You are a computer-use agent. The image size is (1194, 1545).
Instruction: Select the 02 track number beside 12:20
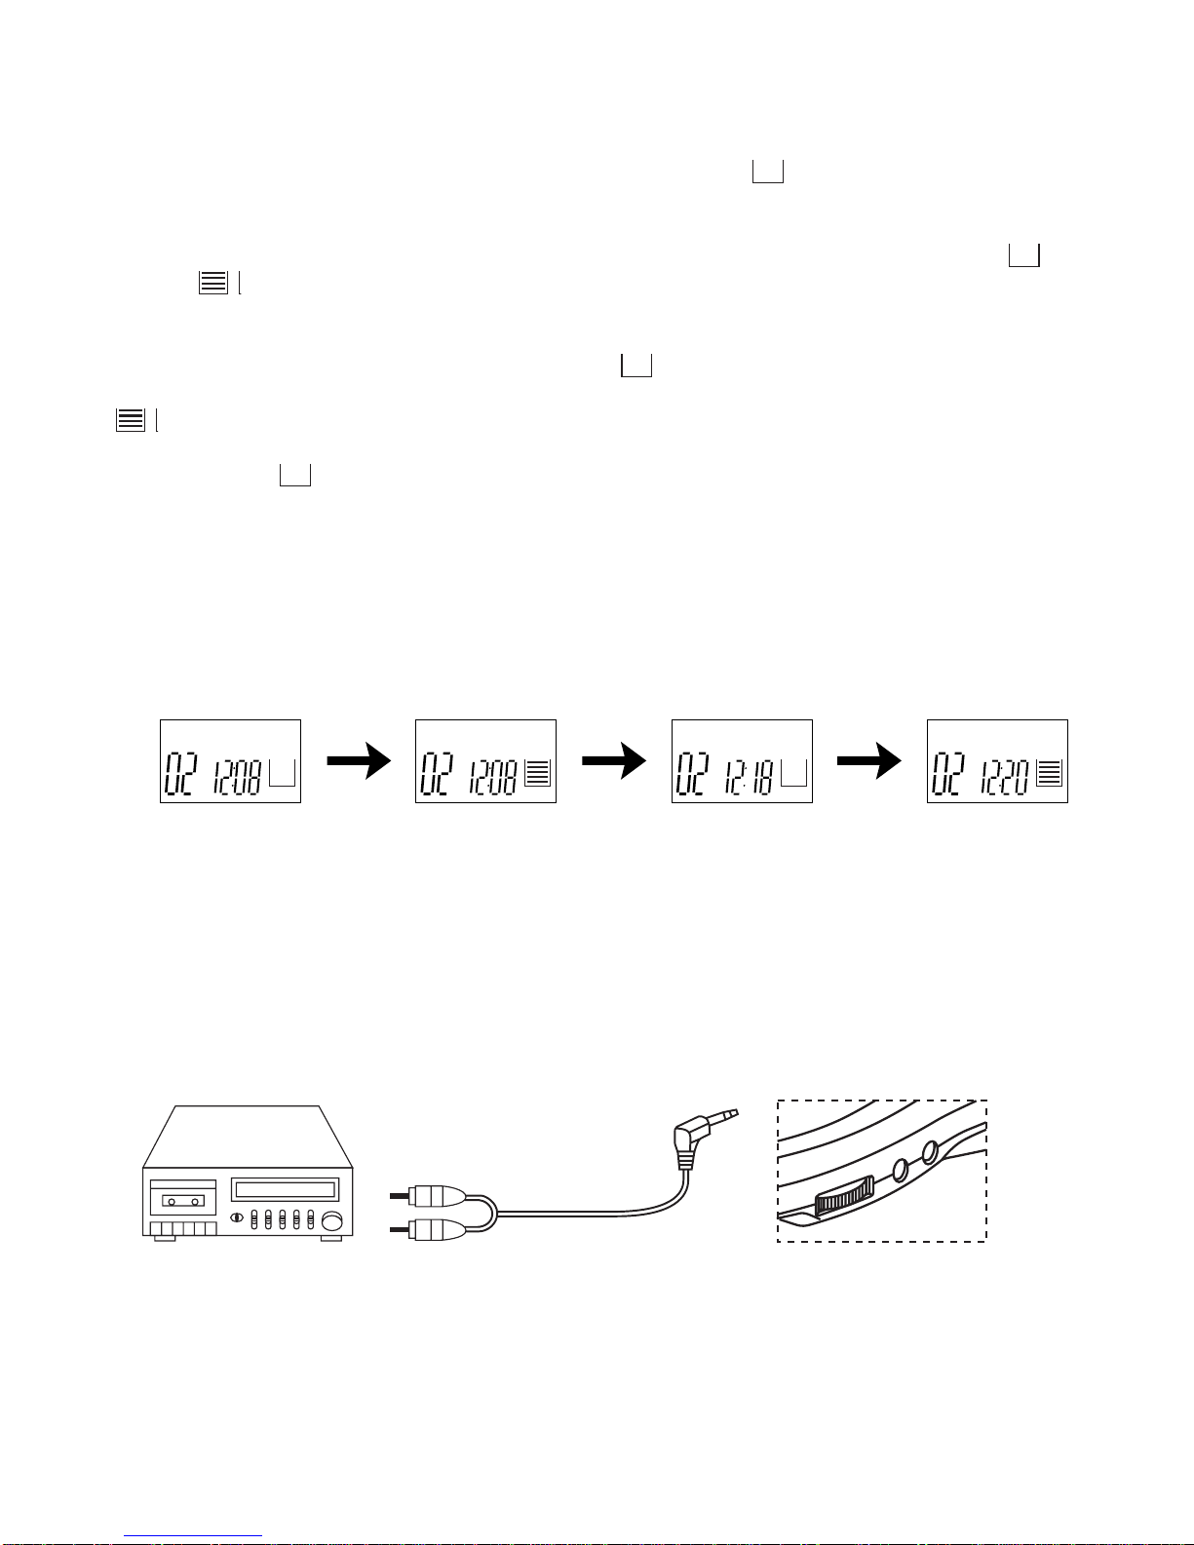948,775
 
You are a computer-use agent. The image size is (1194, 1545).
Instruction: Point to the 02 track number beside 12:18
693,775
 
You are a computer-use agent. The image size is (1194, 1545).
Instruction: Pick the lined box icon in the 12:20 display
1049,772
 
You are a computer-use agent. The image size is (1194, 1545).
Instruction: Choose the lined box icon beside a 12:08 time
537,772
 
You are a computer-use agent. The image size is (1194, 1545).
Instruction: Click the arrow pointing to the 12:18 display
614,761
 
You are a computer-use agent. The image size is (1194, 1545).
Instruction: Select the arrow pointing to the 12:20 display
869,761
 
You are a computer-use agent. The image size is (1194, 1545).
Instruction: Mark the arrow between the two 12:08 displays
359,761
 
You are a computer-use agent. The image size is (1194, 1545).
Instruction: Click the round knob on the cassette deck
332,1220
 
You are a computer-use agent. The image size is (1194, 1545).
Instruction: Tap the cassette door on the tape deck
182,1199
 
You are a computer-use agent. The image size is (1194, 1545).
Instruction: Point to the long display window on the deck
285,1189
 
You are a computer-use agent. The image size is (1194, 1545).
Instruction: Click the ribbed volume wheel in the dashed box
843,1196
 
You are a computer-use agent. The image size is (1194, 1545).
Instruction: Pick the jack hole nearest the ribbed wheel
901,1169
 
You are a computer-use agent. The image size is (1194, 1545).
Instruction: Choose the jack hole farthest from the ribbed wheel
930,1153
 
